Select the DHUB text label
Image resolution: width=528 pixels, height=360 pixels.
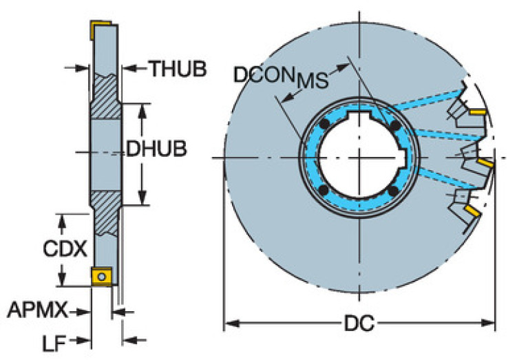[x=156, y=150]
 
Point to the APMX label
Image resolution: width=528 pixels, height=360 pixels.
[x=38, y=311]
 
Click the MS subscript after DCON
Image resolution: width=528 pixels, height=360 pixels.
[x=312, y=81]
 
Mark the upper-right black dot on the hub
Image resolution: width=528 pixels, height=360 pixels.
[x=394, y=127]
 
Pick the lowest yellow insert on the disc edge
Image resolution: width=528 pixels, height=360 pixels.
[x=471, y=209]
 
